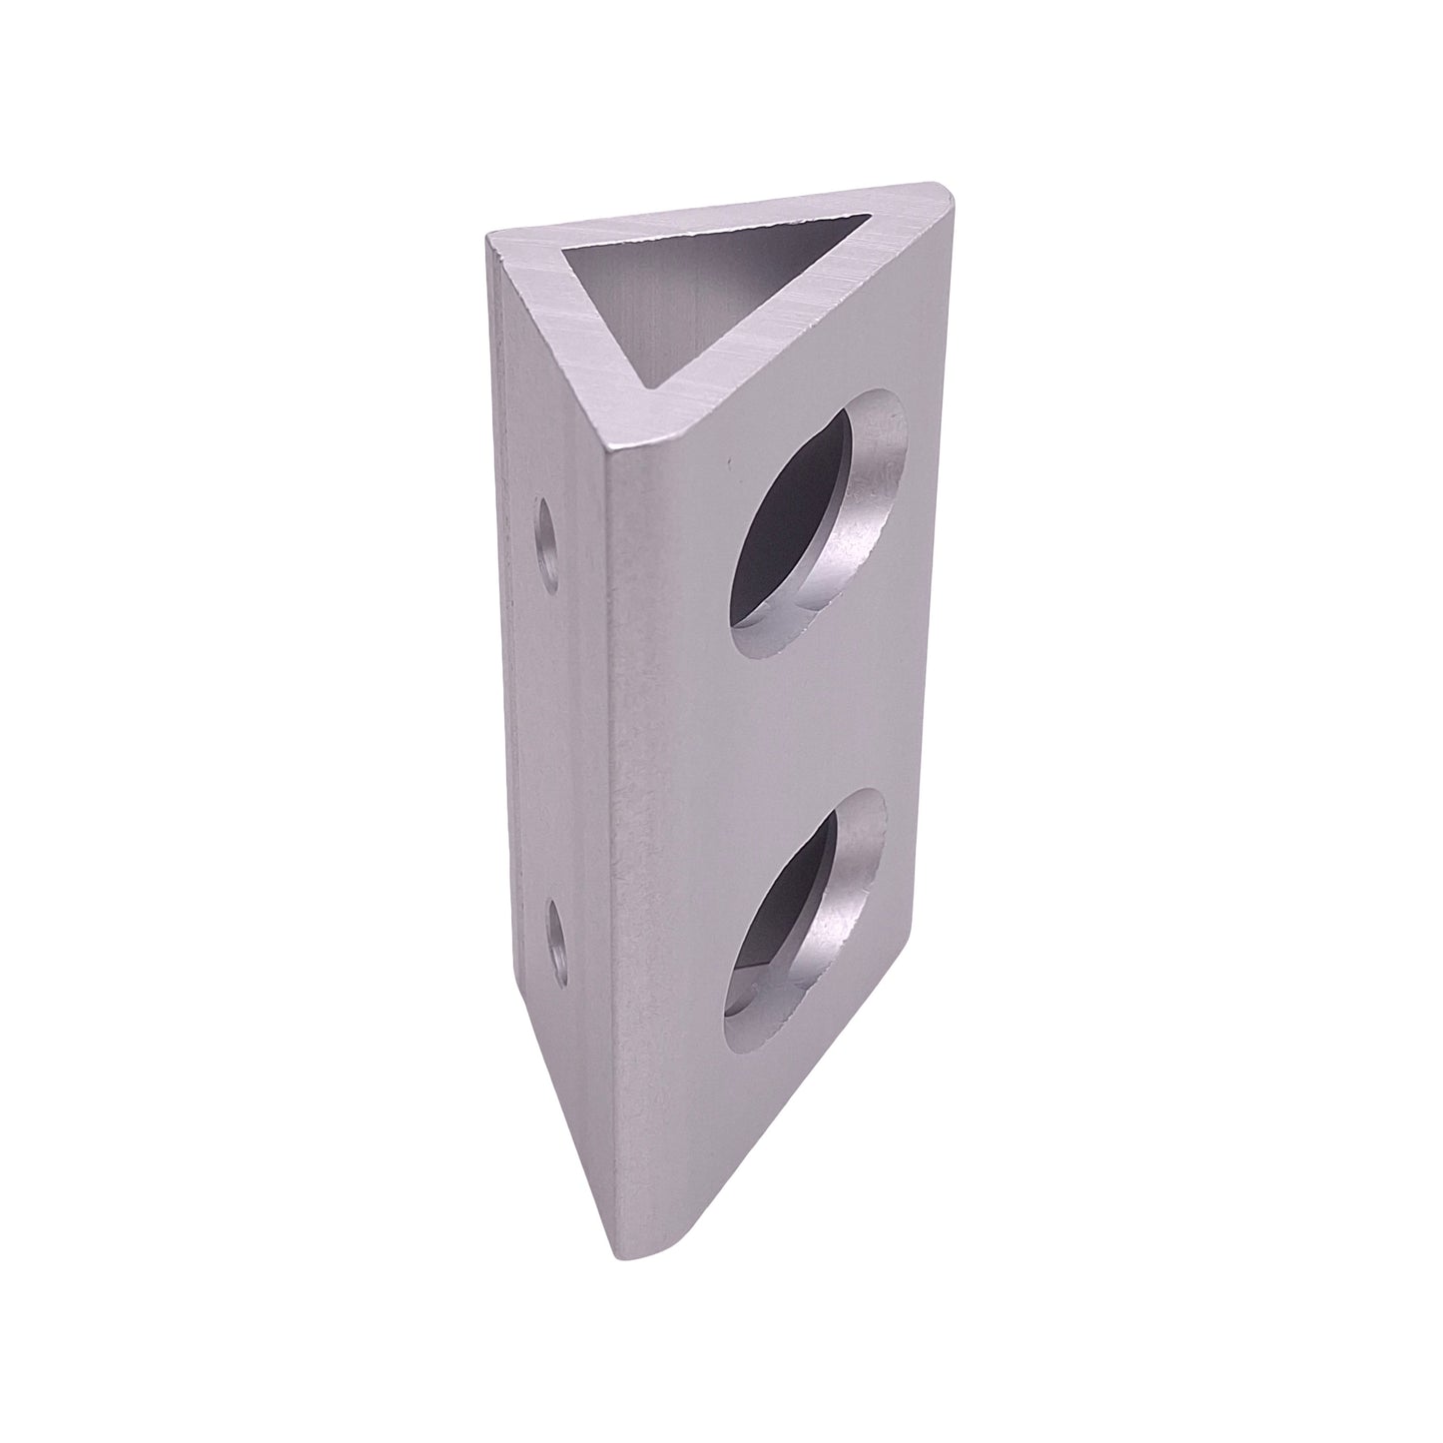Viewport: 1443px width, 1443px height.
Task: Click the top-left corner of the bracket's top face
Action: click(489, 237)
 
